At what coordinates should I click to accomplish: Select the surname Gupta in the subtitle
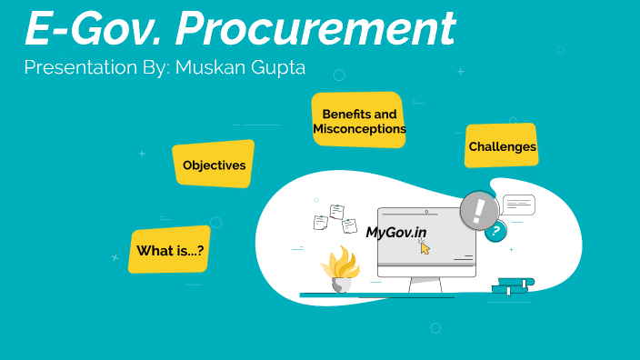pyautogui.click(x=276, y=67)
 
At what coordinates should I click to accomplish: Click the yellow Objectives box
pyautogui.click(x=214, y=165)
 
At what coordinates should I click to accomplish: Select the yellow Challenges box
pyautogui.click(x=502, y=145)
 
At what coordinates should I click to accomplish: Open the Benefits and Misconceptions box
pyautogui.click(x=359, y=121)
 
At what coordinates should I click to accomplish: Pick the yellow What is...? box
pyautogui.click(x=170, y=250)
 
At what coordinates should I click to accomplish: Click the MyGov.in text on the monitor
pyautogui.click(x=396, y=232)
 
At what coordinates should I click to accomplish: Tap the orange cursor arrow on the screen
pyautogui.click(x=425, y=247)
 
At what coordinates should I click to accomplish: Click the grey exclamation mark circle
pyautogui.click(x=479, y=211)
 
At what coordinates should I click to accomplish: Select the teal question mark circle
pyautogui.click(x=495, y=232)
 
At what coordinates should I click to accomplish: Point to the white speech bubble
pyautogui.click(x=518, y=205)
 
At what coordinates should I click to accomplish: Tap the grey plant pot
pyautogui.click(x=342, y=285)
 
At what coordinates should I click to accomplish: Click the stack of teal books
pyautogui.click(x=513, y=286)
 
